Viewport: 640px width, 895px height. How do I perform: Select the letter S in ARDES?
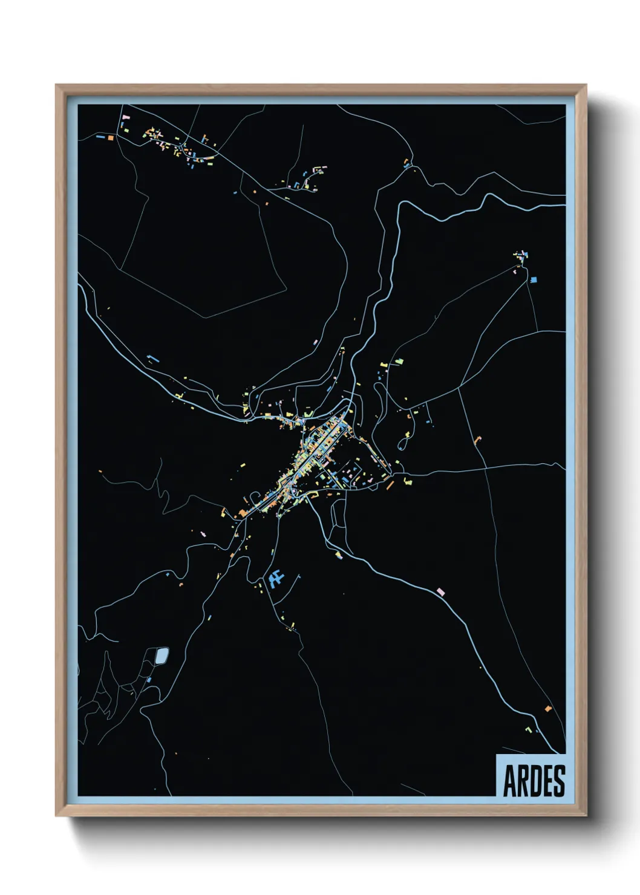coord(559,781)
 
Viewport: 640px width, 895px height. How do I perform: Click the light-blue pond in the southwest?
coord(162,656)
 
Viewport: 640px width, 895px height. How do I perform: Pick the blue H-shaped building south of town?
coord(276,579)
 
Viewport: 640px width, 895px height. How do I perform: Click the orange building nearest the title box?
coord(548,708)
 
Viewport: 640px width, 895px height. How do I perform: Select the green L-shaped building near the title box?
coord(529,730)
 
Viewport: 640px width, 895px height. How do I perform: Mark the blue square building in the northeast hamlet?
coord(533,279)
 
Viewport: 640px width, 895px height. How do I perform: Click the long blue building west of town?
coord(153,359)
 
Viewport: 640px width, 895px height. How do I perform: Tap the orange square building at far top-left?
coord(111,138)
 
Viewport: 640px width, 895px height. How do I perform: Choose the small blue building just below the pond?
coord(149,680)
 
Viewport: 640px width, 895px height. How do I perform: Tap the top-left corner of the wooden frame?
coord(56,85)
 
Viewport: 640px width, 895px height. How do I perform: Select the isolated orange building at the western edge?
coord(100,471)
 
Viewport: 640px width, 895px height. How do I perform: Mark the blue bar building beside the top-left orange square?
coord(100,137)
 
